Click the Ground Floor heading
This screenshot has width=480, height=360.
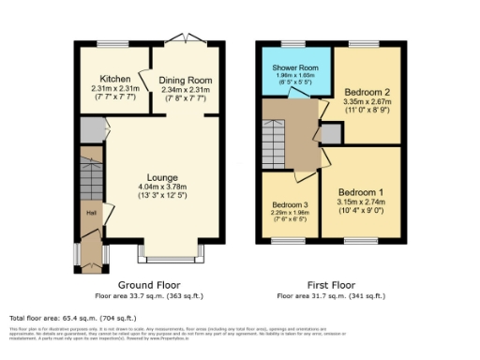[149, 284]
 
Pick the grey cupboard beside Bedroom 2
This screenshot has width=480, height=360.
[331, 135]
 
